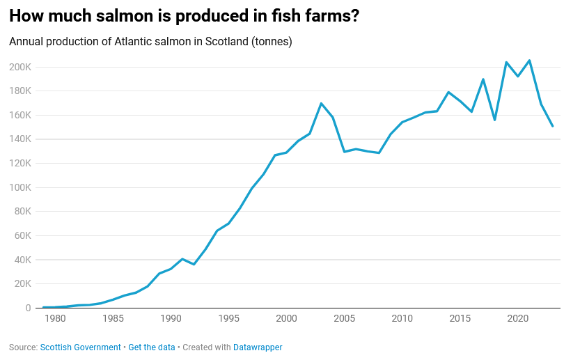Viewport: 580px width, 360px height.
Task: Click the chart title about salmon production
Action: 185,16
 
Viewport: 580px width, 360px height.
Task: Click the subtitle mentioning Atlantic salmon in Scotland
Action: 150,41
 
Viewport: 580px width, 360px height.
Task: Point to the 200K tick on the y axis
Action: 19,67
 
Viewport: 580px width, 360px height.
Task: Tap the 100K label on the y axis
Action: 19,187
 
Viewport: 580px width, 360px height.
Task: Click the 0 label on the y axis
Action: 28,308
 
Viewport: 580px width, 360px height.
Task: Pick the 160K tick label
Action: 19,115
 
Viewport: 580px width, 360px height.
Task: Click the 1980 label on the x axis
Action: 55,319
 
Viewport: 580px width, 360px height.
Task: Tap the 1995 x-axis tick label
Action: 228,319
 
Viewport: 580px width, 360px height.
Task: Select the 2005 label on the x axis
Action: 344,319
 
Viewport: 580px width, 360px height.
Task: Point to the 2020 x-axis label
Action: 517,319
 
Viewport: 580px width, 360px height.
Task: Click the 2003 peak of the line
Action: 321,103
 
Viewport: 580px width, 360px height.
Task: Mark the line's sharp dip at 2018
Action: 494,120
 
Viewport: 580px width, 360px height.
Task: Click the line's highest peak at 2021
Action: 529,61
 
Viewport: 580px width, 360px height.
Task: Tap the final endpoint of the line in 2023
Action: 552,126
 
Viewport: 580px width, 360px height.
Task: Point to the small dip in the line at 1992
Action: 194,264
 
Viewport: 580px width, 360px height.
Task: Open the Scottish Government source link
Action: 81,347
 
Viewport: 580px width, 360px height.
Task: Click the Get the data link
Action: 152,347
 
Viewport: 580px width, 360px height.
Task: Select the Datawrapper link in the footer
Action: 258,347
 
